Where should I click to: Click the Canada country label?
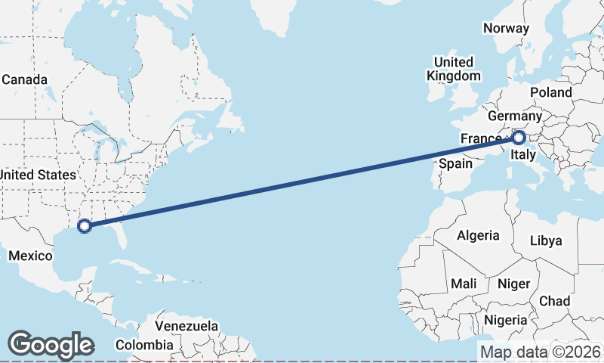25,79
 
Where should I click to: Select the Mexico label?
30,256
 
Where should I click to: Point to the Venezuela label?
186,327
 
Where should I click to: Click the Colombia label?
144,345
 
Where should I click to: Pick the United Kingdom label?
453,69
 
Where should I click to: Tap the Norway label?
506,28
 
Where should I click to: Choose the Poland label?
551,92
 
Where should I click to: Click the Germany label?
514,116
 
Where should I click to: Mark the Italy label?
522,156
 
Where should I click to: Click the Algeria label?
477,235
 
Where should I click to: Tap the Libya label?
547,240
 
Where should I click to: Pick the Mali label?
463,284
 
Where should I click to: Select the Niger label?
513,284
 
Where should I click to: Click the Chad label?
555,300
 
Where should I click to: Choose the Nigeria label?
506,320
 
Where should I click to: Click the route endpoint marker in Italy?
519,138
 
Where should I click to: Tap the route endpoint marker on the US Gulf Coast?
85,225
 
